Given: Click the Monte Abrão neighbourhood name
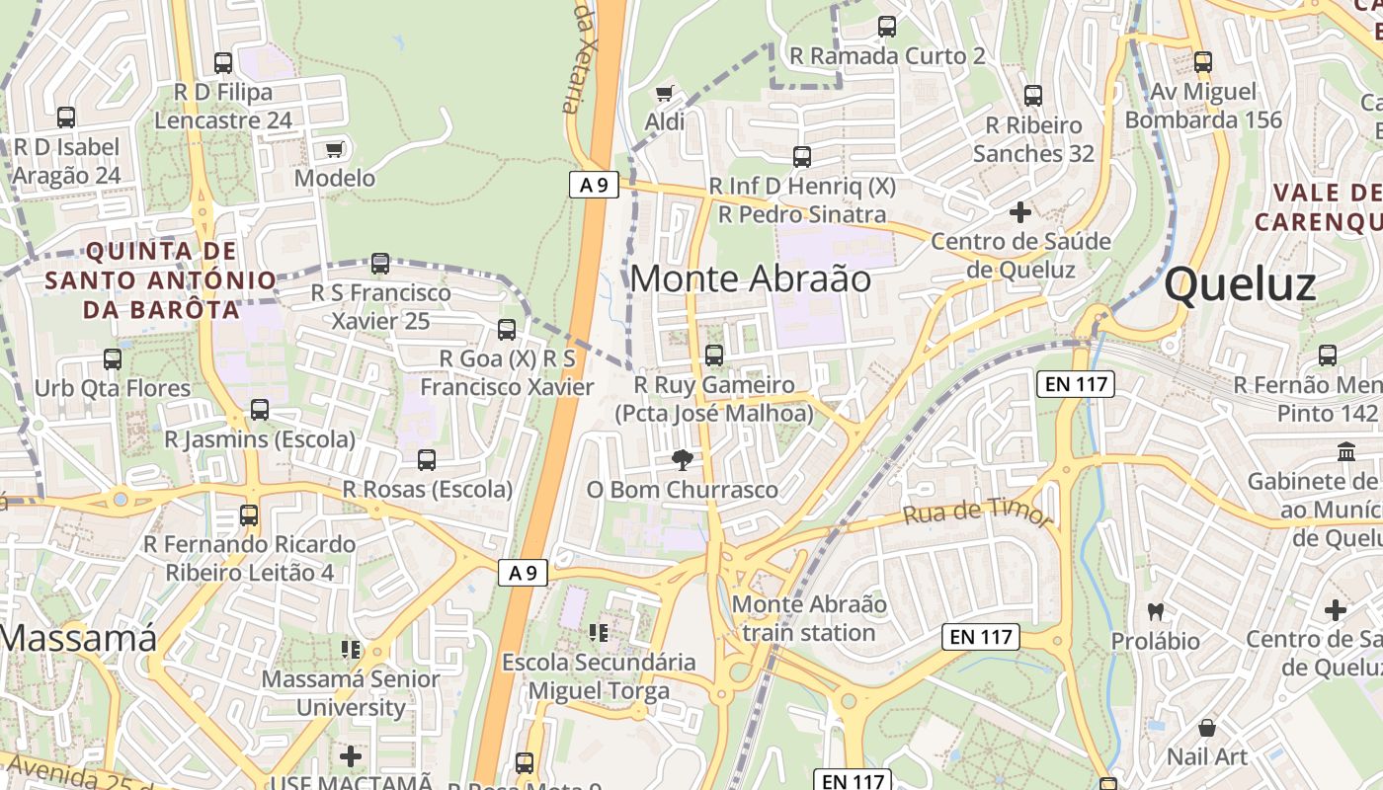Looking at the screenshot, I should tap(751, 279).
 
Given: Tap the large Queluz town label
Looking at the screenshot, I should tap(1240, 285).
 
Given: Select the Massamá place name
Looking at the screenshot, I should tap(77, 638).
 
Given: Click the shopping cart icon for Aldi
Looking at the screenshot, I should tap(665, 94).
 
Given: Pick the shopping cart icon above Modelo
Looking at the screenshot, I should tap(335, 150).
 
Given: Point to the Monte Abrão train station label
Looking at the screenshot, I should tap(809, 618).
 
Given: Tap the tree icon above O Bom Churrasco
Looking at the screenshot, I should tap(682, 459).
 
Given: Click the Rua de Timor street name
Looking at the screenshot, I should tap(978, 513).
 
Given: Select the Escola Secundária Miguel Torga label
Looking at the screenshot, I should tap(599, 676).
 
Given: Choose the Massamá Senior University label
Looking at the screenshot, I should tap(351, 693).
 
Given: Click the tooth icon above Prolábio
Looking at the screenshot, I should tap(1156, 612).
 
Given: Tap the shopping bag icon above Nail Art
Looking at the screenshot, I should tap(1206, 729).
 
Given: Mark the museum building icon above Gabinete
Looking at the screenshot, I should tap(1345, 452).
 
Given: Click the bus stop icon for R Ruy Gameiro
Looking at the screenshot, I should tap(714, 355).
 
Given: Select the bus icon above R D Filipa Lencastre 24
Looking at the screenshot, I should tap(223, 63).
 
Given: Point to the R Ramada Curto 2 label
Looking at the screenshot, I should tap(887, 56).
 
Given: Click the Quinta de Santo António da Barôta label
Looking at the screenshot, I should tap(141, 280).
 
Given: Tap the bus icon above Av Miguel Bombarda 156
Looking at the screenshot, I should tap(1203, 62).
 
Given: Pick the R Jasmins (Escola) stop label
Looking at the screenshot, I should tap(260, 439).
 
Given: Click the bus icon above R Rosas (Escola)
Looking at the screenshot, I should tap(427, 460).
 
